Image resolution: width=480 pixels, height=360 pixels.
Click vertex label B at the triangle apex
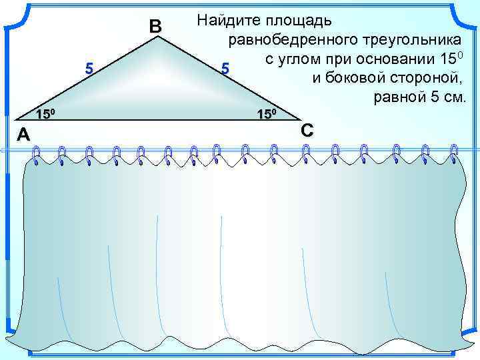click(x=155, y=27)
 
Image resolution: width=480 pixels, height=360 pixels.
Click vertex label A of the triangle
click(x=23, y=135)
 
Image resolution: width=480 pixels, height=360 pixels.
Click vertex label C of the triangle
click(x=307, y=129)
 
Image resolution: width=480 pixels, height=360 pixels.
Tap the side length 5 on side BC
click(x=225, y=69)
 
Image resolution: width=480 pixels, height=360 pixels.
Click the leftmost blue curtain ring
click(x=35, y=155)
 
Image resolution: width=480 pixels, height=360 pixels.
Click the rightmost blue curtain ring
click(x=454, y=153)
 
